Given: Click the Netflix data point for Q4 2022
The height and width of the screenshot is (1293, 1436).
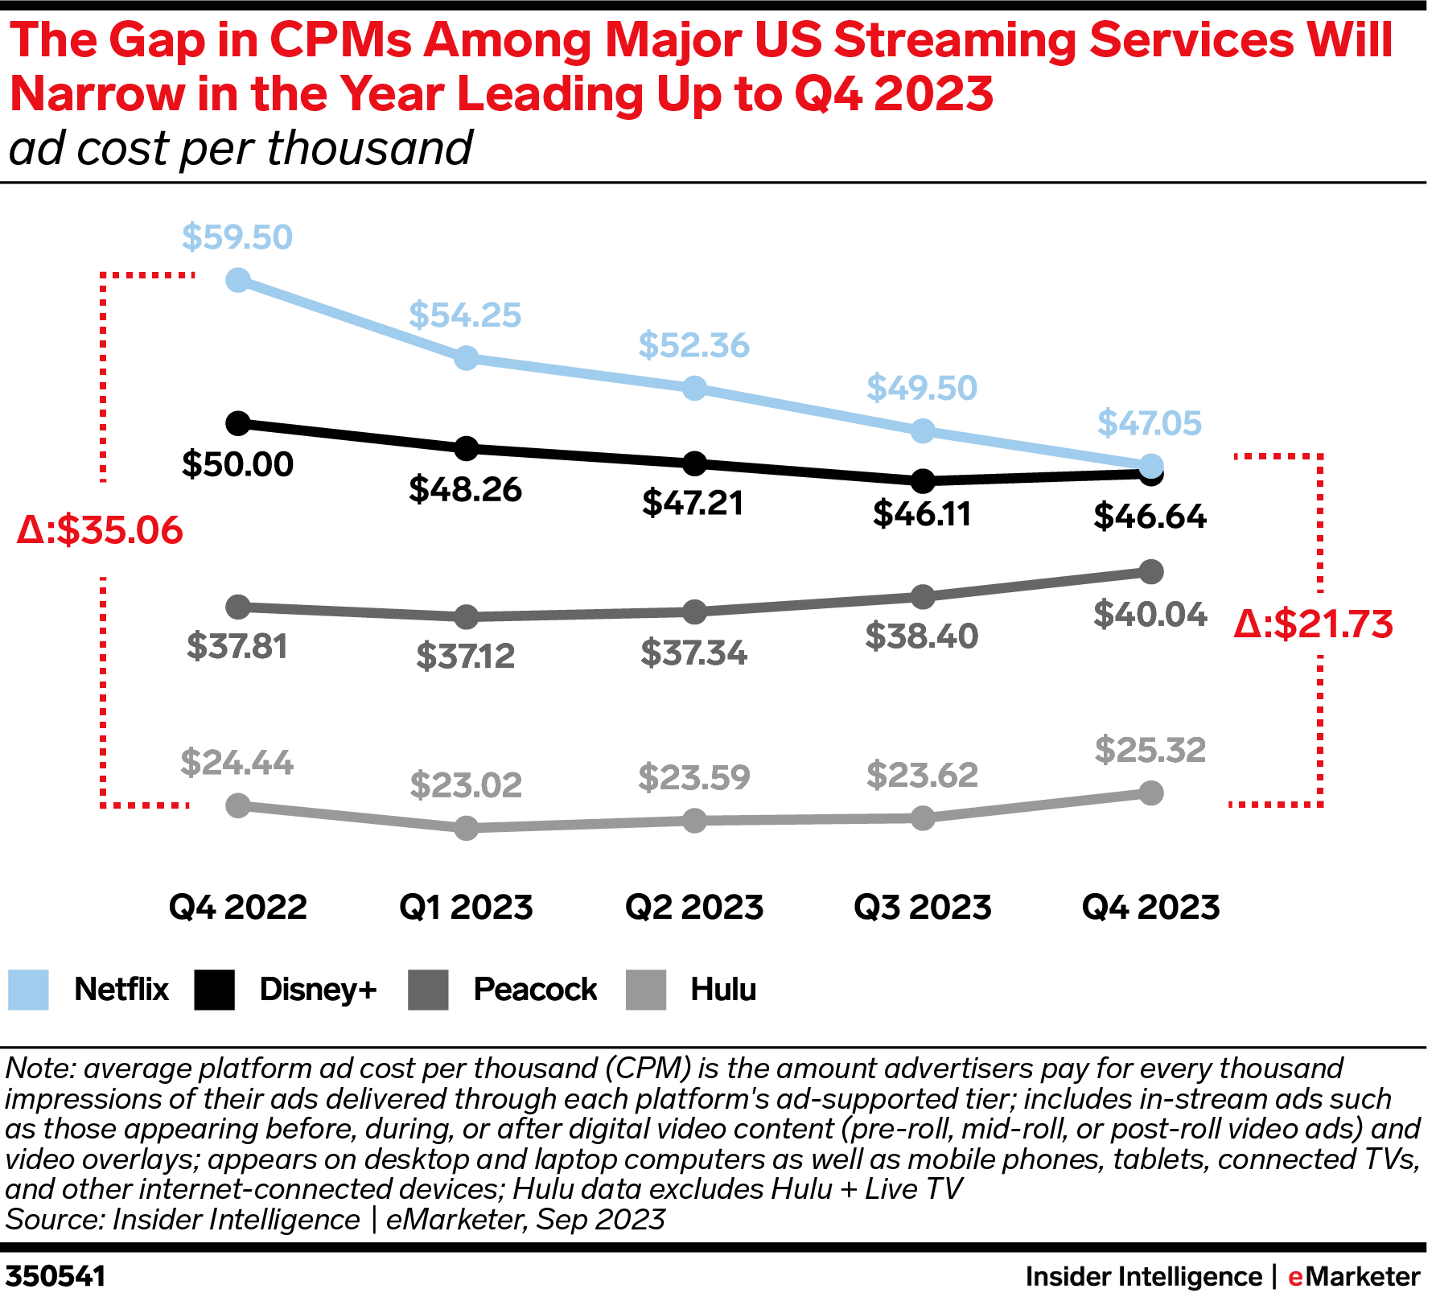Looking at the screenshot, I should (x=238, y=280).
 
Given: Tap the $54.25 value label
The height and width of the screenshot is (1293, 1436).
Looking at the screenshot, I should (x=465, y=315).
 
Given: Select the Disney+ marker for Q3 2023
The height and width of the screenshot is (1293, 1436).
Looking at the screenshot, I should (x=923, y=481).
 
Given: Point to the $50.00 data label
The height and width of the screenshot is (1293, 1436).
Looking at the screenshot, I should (x=237, y=465).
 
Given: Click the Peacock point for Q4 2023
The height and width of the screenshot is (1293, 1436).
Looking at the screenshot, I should (x=1151, y=572).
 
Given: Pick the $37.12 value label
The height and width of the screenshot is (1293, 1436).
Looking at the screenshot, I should (x=465, y=657).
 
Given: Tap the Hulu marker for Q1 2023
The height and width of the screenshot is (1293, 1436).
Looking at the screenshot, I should (x=467, y=828).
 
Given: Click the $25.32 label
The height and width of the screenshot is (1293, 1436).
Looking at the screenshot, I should (x=1150, y=751).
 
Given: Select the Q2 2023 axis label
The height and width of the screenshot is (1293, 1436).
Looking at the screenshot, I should (x=694, y=908).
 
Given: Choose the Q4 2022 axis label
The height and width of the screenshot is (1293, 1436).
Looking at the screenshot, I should (x=238, y=908).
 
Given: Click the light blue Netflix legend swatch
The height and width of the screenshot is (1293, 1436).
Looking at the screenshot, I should (x=28, y=990).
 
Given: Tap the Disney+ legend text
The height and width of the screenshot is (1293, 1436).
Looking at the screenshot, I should (x=318, y=990).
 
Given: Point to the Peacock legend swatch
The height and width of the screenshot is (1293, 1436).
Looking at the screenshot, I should (x=428, y=990).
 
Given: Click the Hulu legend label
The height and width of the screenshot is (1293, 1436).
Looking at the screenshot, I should (x=723, y=990).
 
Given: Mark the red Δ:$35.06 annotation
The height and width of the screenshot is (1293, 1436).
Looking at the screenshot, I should (x=101, y=531).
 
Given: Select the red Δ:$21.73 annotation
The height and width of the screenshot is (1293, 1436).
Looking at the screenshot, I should (x=1314, y=625).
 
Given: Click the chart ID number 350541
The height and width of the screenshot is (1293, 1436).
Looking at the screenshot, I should (x=56, y=1277).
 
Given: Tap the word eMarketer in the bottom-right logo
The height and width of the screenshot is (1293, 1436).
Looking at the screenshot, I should (x=1355, y=1277).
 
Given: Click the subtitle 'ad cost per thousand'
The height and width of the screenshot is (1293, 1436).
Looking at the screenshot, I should (x=241, y=149).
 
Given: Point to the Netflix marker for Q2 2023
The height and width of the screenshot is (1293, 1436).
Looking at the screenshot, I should (x=694, y=389).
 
